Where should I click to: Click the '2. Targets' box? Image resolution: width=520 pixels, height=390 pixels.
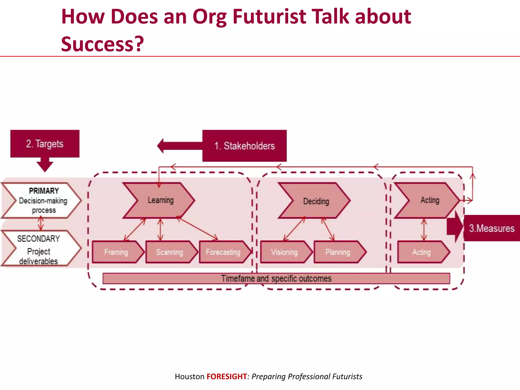pyautogui.click(x=45, y=144)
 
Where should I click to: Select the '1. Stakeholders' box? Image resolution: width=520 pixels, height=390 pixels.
pyautogui.click(x=244, y=146)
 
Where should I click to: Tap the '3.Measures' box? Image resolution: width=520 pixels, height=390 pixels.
pyautogui.click(x=492, y=228)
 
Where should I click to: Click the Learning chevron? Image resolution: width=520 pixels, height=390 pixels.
pyautogui.click(x=160, y=200)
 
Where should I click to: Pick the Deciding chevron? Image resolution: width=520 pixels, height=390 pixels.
pyautogui.click(x=316, y=201)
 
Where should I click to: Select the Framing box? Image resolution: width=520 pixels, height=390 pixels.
pyautogui.click(x=116, y=252)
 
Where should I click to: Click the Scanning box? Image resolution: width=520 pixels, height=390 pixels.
pyautogui.click(x=170, y=252)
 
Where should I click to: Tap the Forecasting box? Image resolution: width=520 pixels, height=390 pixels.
pyautogui.click(x=223, y=252)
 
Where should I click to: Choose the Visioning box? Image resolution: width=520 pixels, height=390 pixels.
pyautogui.click(x=284, y=252)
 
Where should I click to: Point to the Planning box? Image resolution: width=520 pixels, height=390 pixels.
pyautogui.click(x=338, y=252)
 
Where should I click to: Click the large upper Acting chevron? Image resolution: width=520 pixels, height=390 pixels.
pyautogui.click(x=430, y=200)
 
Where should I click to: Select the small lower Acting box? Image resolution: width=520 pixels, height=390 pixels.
pyautogui.click(x=421, y=252)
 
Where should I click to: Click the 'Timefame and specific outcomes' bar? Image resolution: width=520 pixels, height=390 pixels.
pyautogui.click(x=276, y=279)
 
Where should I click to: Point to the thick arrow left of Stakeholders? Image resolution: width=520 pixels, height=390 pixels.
pyautogui.click(x=178, y=146)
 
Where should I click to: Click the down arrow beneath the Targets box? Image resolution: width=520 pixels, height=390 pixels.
pyautogui.click(x=45, y=165)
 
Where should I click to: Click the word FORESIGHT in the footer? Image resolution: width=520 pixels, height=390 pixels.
pyautogui.click(x=226, y=376)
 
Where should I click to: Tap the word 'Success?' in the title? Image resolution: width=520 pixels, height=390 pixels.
pyautogui.click(x=103, y=44)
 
